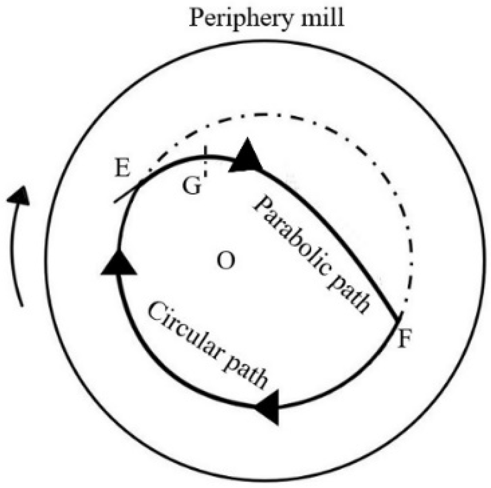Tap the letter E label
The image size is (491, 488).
tap(121, 169)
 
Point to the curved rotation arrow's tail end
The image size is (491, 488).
tap(21, 305)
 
